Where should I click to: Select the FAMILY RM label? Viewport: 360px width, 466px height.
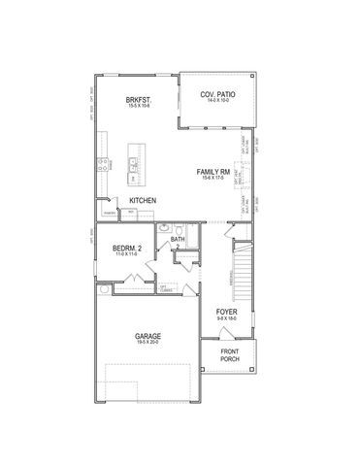click(x=213, y=171)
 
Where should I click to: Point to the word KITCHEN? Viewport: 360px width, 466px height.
click(x=144, y=201)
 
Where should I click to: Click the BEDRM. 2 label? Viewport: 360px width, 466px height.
click(x=127, y=248)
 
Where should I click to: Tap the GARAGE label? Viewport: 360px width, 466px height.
click(x=148, y=335)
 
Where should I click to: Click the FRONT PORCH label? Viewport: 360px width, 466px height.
click(x=229, y=355)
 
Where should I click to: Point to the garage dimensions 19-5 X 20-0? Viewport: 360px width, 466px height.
click(x=148, y=343)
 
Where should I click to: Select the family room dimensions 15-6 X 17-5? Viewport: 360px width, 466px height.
click(x=213, y=178)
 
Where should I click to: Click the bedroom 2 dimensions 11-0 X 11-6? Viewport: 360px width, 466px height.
click(x=127, y=254)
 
